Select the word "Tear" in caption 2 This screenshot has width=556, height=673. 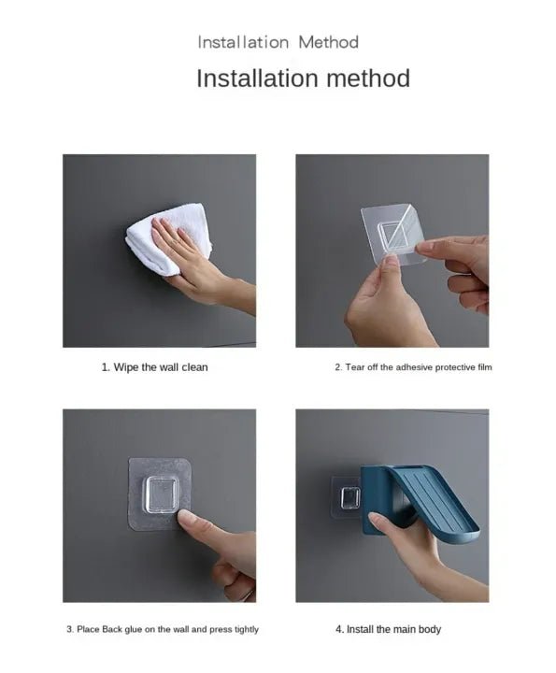355,367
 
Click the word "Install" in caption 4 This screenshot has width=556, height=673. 361,629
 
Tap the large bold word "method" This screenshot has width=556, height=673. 368,79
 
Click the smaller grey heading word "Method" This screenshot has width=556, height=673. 328,42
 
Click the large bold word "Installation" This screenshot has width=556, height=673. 257,79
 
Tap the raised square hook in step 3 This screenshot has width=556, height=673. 162,494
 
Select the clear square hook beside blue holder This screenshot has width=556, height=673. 349,498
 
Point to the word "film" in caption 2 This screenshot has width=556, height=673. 484,367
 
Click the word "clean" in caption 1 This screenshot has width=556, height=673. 194,367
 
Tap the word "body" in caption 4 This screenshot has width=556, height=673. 430,629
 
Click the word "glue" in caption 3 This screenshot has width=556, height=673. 135,630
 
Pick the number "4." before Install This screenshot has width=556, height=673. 340,629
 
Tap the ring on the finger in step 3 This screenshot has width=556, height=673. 249,594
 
